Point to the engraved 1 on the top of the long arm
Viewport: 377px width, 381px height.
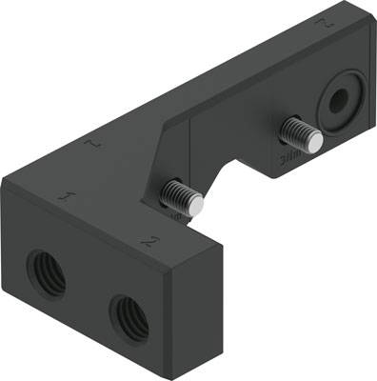pos(89,145)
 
